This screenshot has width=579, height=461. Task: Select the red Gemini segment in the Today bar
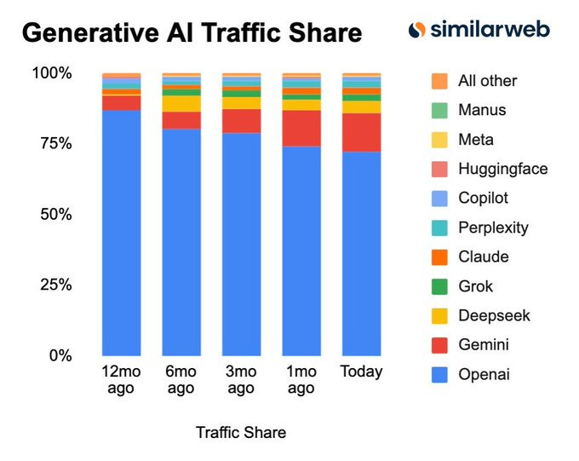click(x=361, y=132)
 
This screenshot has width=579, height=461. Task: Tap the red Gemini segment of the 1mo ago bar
click(x=301, y=128)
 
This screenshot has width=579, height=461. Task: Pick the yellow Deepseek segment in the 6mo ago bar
click(x=181, y=104)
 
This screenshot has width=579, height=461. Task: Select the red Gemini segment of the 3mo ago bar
click(x=241, y=121)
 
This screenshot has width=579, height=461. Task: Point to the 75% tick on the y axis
click(x=52, y=143)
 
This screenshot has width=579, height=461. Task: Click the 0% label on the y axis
click(x=60, y=355)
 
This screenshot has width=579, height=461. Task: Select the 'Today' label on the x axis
click(x=361, y=372)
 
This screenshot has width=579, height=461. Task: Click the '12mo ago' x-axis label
click(x=121, y=380)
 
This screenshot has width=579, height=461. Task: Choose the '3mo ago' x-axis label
click(x=241, y=380)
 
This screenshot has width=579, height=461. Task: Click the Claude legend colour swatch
click(x=439, y=257)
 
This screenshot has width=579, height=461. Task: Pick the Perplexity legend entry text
click(x=493, y=228)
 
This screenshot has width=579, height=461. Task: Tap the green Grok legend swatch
click(x=439, y=286)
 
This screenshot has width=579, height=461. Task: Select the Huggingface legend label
click(x=502, y=169)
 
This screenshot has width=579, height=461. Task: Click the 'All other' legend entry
click(x=487, y=81)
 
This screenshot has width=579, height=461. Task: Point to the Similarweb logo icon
click(x=416, y=31)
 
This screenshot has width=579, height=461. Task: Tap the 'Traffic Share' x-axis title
click(x=241, y=433)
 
